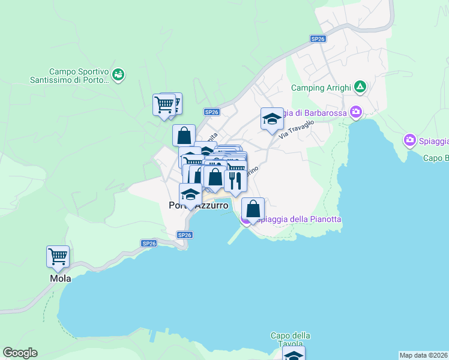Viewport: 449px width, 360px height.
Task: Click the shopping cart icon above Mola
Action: click(58, 257)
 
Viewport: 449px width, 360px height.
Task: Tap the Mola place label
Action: click(58, 279)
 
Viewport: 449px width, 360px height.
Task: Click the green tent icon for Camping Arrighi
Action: click(360, 87)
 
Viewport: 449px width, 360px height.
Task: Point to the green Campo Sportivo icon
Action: click(118, 74)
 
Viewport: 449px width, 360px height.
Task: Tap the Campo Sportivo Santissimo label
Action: click(79, 76)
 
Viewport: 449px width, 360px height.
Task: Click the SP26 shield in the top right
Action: click(318, 38)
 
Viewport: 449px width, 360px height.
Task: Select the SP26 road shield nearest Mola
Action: click(149, 243)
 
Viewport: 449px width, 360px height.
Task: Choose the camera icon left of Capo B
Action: click(410, 140)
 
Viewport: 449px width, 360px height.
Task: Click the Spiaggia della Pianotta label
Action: click(297, 220)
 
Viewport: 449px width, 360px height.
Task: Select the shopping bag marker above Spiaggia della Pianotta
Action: click(253, 209)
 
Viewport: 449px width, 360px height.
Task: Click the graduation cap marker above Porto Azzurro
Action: click(190, 194)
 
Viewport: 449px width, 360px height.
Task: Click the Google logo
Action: click(20, 353)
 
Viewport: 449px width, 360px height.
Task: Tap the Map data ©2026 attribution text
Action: click(423, 355)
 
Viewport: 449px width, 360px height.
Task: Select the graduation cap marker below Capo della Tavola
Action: click(294, 355)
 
